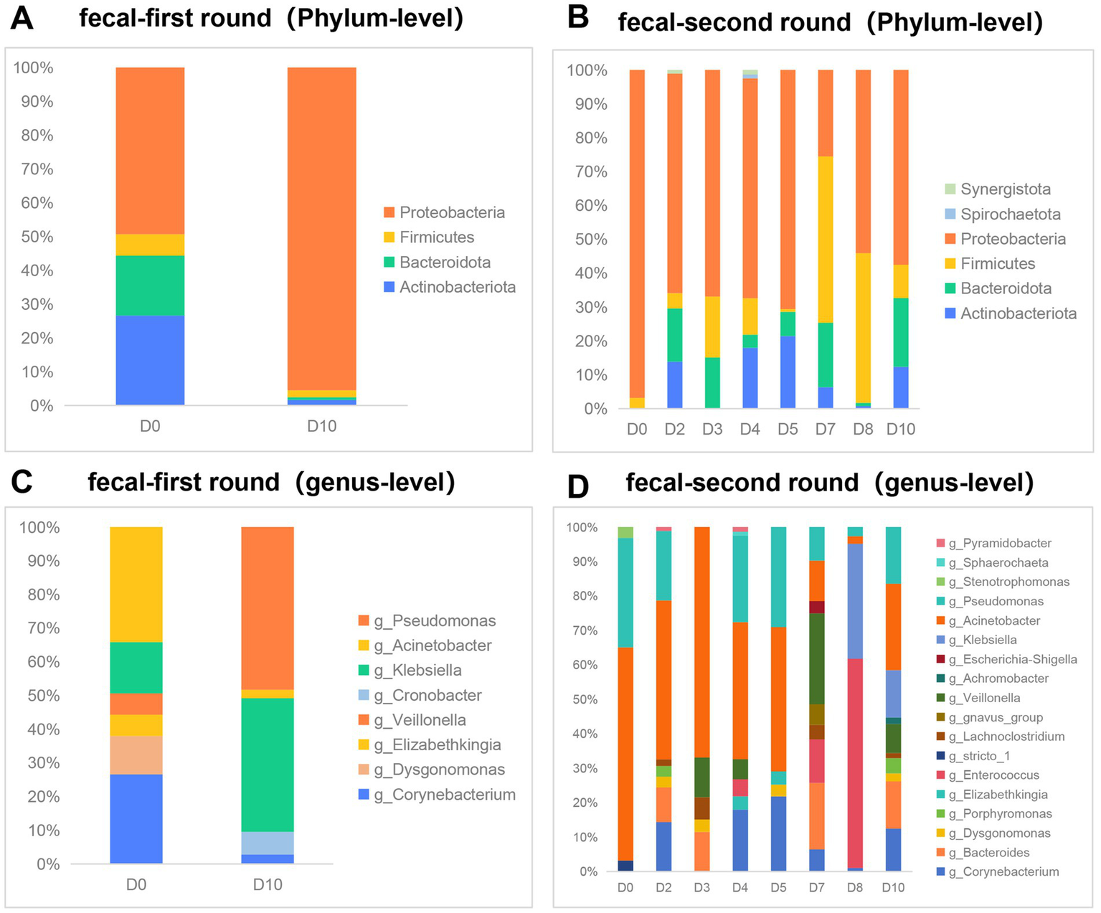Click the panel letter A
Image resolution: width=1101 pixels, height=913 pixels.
pyautogui.click(x=22, y=17)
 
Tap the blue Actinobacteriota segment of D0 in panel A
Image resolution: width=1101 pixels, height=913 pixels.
pyautogui.click(x=150, y=360)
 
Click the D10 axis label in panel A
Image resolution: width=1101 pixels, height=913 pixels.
pyautogui.click(x=321, y=426)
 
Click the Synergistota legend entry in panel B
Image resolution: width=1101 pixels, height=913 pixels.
pyautogui.click(x=1006, y=189)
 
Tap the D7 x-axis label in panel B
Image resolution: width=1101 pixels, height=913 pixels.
pyautogui.click(x=825, y=429)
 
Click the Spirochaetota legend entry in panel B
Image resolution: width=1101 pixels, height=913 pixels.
pyautogui.click(x=1010, y=214)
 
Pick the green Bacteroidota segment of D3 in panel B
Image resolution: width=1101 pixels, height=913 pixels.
pyautogui.click(x=712, y=383)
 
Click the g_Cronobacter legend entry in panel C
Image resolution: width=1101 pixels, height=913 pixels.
pyautogui.click(x=427, y=696)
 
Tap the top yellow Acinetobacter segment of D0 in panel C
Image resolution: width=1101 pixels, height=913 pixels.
pyautogui.click(x=136, y=584)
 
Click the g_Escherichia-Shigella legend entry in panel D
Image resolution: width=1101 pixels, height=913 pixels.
pyautogui.click(x=1012, y=659)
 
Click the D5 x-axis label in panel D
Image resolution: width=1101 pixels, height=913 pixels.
pyautogui.click(x=778, y=888)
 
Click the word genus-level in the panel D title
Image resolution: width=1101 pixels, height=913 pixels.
pyautogui.click(x=954, y=483)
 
